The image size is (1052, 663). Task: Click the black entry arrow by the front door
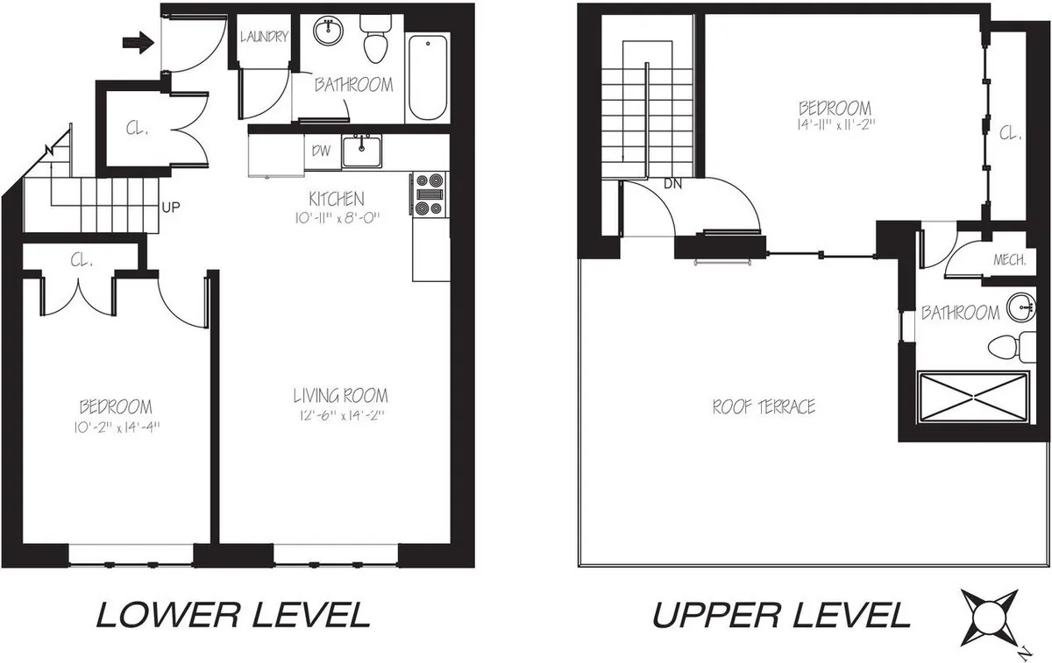139,41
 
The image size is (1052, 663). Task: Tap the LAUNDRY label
264,37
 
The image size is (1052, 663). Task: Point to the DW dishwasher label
321,151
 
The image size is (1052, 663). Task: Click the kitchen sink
361,151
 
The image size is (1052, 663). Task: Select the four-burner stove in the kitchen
429,194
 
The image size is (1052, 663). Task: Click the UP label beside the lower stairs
171,208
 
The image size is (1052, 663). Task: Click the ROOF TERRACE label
764,406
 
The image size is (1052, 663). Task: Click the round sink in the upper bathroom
1019,306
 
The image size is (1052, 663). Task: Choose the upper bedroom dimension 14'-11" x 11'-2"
835,125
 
